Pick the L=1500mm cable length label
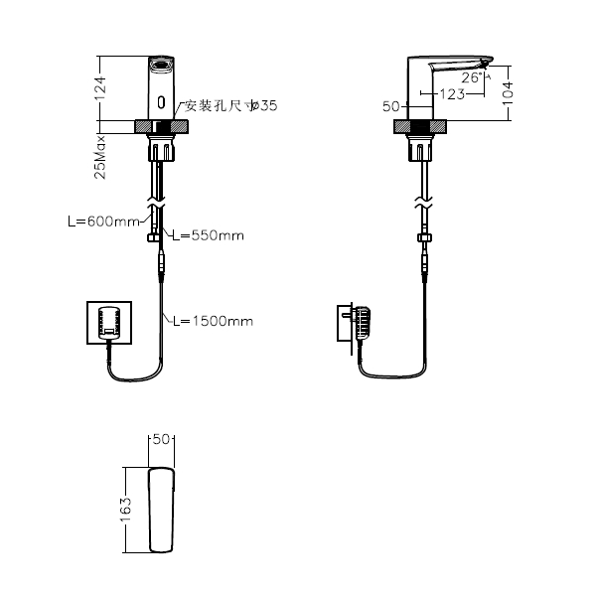coord(212,321)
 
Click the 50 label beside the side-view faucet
coord(390,104)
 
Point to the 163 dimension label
coord(126,510)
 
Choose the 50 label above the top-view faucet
coord(162,438)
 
